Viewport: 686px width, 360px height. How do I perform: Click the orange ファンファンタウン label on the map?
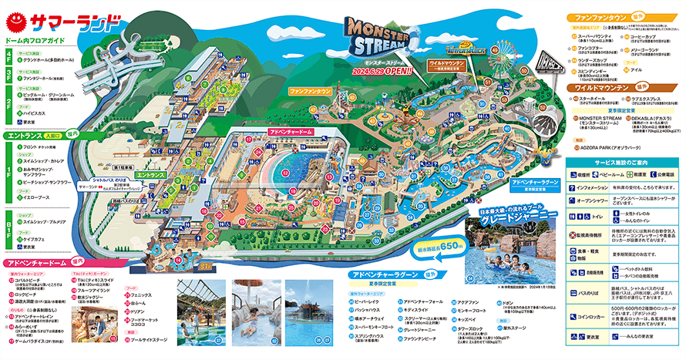click(311, 91)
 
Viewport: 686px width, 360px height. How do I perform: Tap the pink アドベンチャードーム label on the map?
click(290, 133)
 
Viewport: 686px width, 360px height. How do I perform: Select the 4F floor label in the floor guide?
click(8, 56)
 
